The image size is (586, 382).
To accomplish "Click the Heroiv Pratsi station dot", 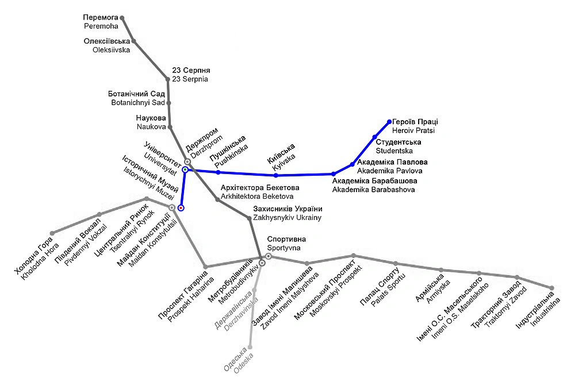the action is pyautogui.click(x=389, y=122).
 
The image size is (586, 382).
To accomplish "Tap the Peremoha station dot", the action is pyautogui.click(x=122, y=18).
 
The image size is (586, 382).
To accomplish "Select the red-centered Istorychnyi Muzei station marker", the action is pyautogui.click(x=181, y=207).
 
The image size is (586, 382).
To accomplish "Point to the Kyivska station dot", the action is pyautogui.click(x=276, y=175).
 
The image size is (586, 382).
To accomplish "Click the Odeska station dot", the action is pyautogui.click(x=250, y=348).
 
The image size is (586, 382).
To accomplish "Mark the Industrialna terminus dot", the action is pyautogui.click(x=551, y=288).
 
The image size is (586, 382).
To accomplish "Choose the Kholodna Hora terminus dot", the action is pyautogui.click(x=52, y=233).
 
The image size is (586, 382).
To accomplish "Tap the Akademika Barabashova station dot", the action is pyautogui.click(x=333, y=173).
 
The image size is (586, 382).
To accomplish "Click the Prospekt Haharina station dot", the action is pyautogui.click(x=206, y=267).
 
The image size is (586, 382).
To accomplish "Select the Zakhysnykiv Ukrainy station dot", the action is pyautogui.click(x=249, y=218).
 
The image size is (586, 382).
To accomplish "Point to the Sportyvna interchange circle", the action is pyautogui.click(x=268, y=256).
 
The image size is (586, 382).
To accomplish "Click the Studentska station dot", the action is pyautogui.click(x=374, y=137).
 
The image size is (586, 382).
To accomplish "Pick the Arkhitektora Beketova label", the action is pyautogui.click(x=260, y=192).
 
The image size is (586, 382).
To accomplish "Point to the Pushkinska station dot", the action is pyautogui.click(x=218, y=172).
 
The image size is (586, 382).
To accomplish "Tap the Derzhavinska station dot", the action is pyautogui.click(x=255, y=290).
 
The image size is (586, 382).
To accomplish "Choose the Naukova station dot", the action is pyautogui.click(x=170, y=127).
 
